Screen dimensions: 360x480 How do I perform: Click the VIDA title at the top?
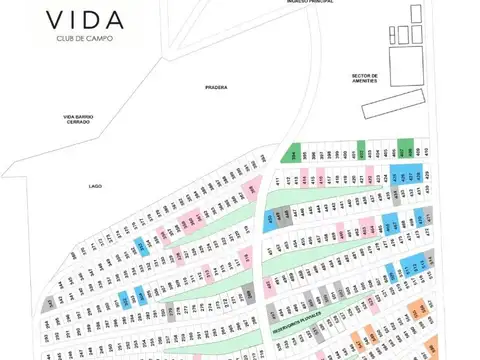(x=84, y=20)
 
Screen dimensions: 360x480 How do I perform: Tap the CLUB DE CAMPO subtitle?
(x=84, y=41)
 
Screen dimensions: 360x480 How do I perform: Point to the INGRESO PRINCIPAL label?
(x=307, y=2)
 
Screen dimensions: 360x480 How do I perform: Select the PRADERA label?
(x=216, y=87)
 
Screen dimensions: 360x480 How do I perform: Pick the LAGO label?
(x=97, y=186)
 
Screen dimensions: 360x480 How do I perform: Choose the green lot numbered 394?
(x=293, y=153)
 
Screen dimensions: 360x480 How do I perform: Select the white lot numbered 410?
(x=426, y=151)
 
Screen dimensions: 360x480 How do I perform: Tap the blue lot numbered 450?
(x=269, y=221)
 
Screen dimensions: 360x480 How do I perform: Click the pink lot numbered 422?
(x=369, y=180)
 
